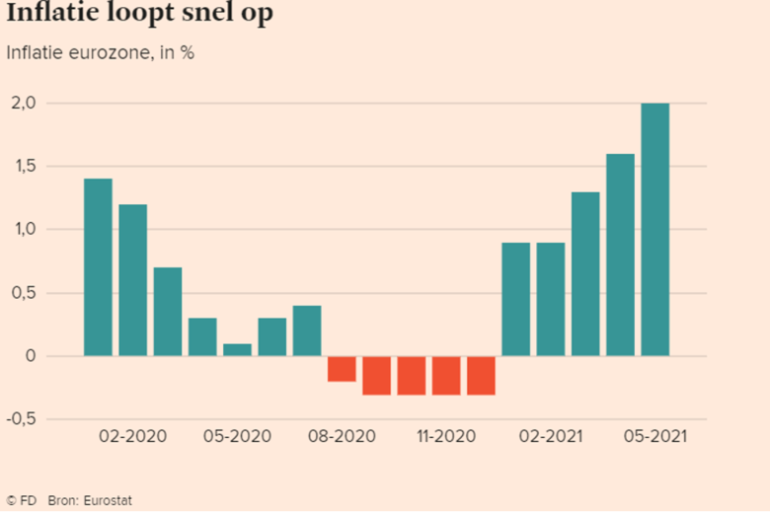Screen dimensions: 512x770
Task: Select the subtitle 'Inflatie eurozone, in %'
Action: (100, 53)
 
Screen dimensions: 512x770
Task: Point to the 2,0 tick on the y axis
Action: (24, 104)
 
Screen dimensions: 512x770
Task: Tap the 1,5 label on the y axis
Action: (24, 167)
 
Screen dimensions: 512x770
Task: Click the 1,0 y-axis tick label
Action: (24, 230)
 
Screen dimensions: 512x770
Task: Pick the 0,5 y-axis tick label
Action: (24, 293)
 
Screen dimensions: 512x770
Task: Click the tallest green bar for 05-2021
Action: (654, 230)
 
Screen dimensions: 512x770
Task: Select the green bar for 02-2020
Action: (133, 280)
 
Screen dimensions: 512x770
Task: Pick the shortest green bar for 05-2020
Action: (237, 349)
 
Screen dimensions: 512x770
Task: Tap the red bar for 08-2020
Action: (342, 368)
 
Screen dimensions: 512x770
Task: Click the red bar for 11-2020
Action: (446, 375)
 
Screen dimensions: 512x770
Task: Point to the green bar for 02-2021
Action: (551, 299)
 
